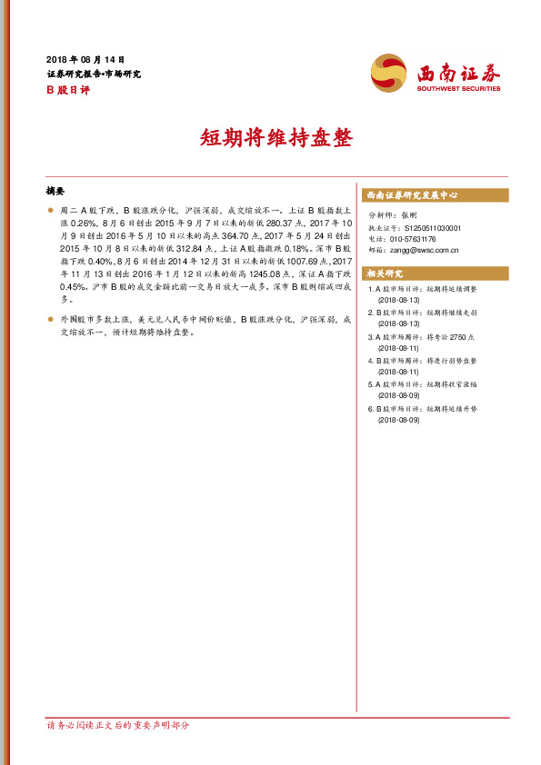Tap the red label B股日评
(65, 90)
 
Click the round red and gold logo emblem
(390, 72)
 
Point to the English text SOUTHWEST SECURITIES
(458, 89)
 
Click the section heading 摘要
(55, 191)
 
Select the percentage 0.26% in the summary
(74, 221)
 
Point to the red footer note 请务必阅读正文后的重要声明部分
(118, 725)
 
